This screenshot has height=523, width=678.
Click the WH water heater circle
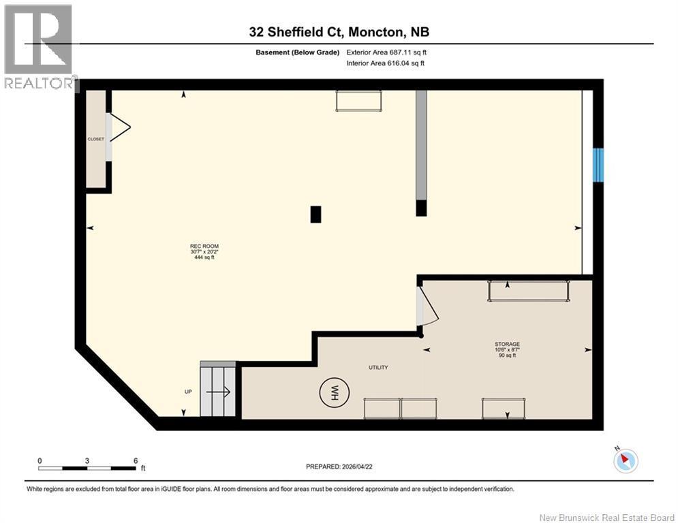pyautogui.click(x=335, y=392)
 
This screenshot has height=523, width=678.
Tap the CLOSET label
pyautogui.click(x=95, y=139)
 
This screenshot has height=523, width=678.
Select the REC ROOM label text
pyautogui.click(x=204, y=246)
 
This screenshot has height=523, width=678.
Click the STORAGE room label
pyautogui.click(x=507, y=344)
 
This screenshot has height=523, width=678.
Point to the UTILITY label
pyautogui.click(x=378, y=368)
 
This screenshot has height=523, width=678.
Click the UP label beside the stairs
pyautogui.click(x=188, y=392)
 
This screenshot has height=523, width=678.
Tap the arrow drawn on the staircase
pyautogui.click(x=218, y=392)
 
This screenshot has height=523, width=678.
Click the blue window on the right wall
pyautogui.click(x=598, y=165)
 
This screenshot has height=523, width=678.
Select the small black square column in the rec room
pyautogui.click(x=315, y=215)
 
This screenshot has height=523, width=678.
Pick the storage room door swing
pyautogui.click(x=428, y=306)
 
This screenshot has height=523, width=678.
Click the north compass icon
pyautogui.click(x=626, y=460)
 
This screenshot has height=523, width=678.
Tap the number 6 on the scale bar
pyautogui.click(x=136, y=461)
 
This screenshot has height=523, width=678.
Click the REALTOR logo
pyautogui.click(x=39, y=47)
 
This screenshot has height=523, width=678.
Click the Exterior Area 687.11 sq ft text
pyautogui.click(x=386, y=52)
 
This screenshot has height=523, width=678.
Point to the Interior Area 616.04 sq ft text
pyautogui.click(x=385, y=63)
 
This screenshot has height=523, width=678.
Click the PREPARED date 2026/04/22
pyautogui.click(x=339, y=466)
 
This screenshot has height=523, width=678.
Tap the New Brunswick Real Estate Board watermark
pyautogui.click(x=606, y=518)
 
